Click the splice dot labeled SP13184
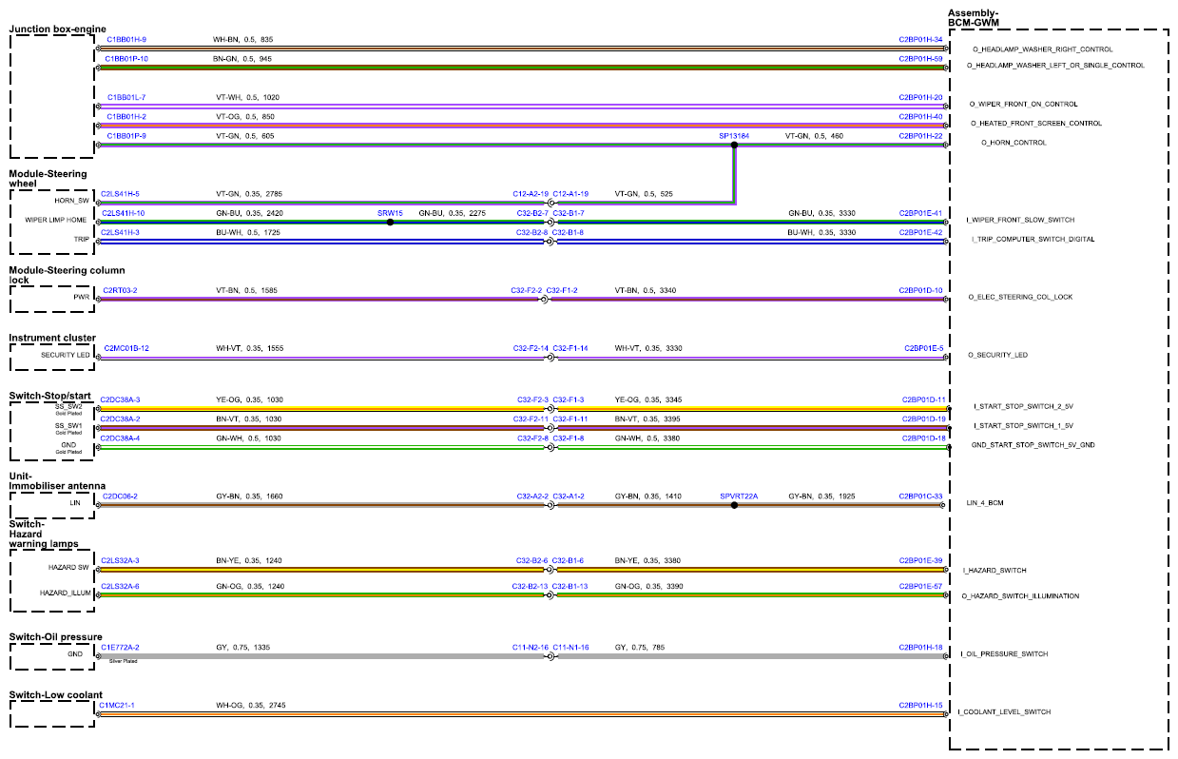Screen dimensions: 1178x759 [734, 145]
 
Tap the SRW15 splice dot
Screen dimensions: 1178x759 [390, 222]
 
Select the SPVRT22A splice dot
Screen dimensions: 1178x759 [734, 505]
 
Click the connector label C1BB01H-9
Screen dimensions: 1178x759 [126, 39]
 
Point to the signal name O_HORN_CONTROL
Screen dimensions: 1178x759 [1014, 143]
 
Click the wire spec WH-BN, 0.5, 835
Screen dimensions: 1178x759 [242, 39]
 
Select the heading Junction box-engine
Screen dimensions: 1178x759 [57, 29]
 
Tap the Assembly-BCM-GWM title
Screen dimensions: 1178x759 [973, 18]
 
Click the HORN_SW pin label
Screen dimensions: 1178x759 [71, 201]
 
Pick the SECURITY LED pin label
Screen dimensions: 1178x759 [66, 355]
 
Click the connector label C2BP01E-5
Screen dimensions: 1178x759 [923, 348]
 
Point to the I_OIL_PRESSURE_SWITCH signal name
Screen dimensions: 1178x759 [1004, 653]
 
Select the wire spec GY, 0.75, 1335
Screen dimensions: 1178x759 [242, 647]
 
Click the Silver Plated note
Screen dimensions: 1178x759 [123, 661]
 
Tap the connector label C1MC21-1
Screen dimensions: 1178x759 [117, 705]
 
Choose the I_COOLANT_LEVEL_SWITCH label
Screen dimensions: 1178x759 [1004, 711]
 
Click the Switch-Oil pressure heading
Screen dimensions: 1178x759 [56, 637]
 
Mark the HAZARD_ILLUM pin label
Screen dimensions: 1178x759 [66, 593]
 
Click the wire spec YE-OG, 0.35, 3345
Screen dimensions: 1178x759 [647, 399]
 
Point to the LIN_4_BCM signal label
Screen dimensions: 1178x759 [984, 503]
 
